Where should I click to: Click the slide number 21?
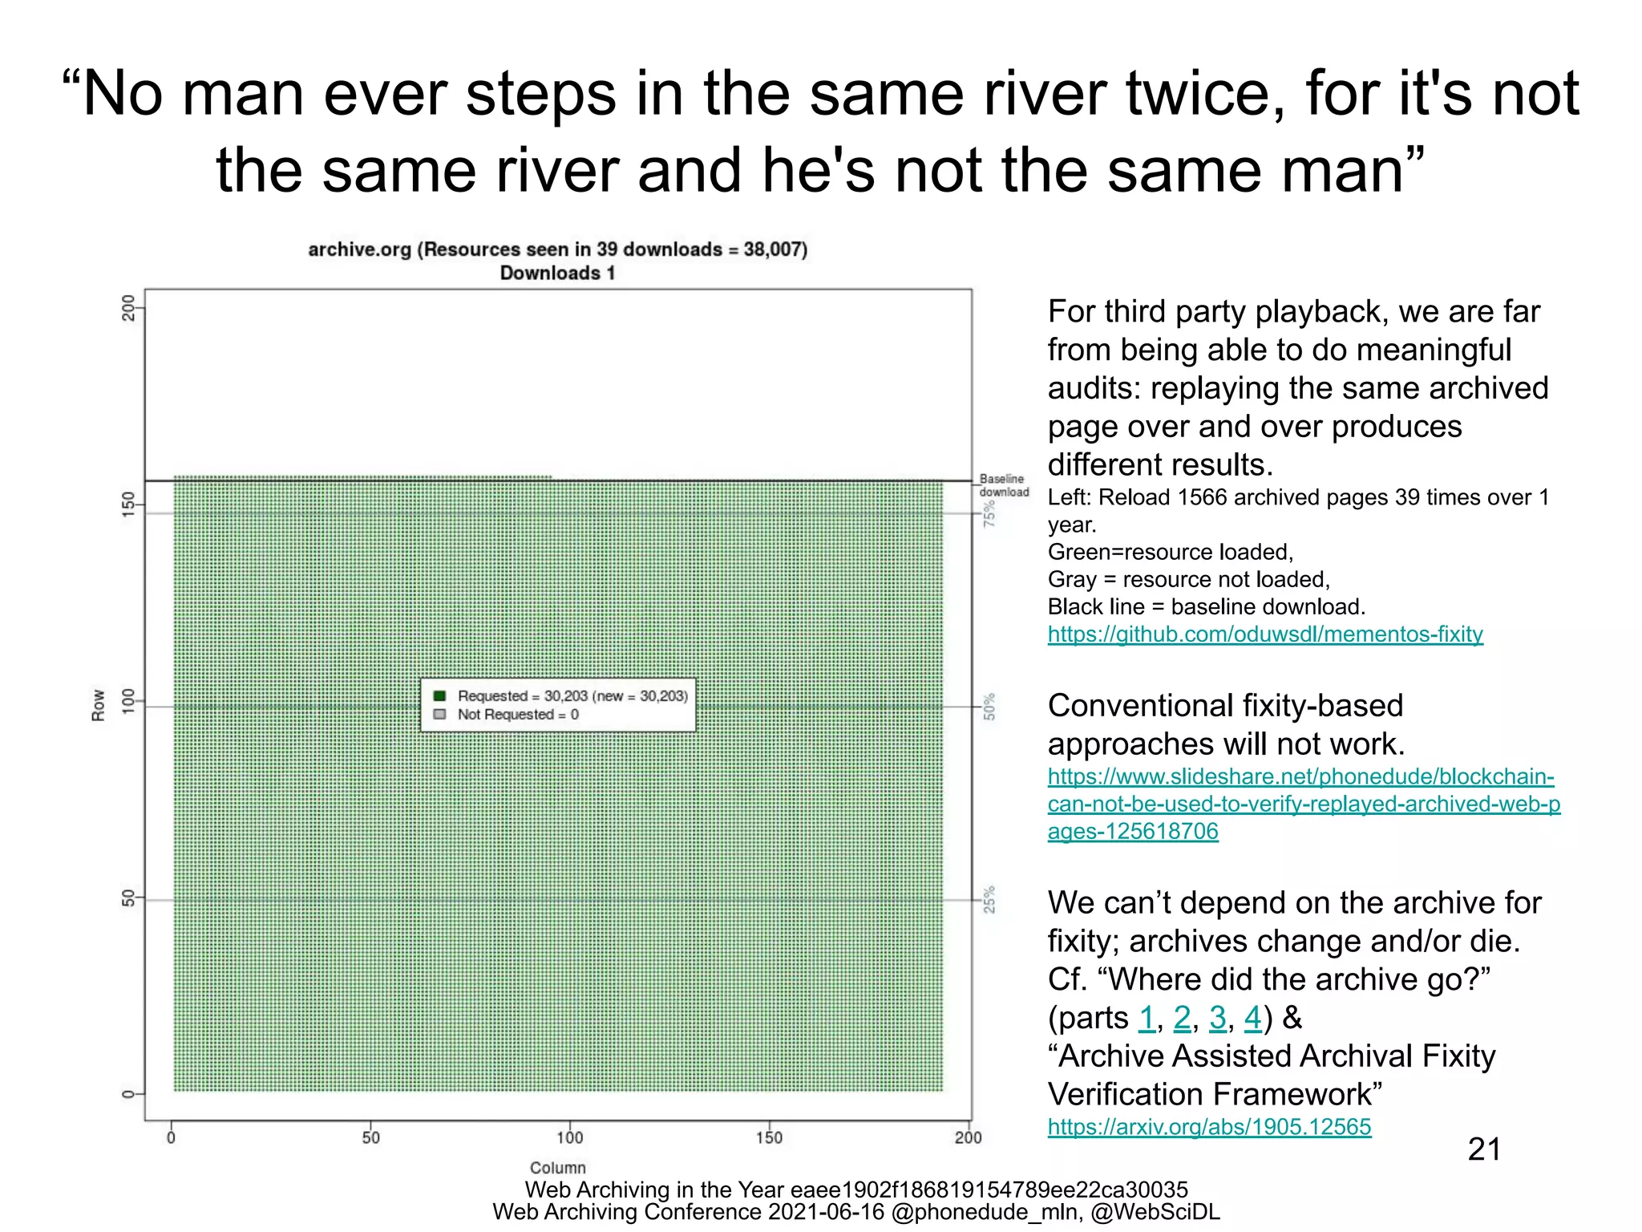(x=1484, y=1149)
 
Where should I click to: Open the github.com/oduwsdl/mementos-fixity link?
(x=1264, y=634)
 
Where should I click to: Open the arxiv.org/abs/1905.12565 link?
(x=1209, y=1127)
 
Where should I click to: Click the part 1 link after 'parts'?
(x=1147, y=1019)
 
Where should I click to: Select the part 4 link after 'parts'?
(x=1252, y=1019)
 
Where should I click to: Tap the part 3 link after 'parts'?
(x=1217, y=1019)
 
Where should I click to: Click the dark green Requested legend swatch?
(x=439, y=695)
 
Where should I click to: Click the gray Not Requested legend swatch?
(x=439, y=714)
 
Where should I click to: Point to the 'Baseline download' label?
(x=1003, y=485)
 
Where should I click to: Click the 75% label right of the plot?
(x=990, y=513)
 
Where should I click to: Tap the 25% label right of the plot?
(x=990, y=899)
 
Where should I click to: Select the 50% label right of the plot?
(x=990, y=707)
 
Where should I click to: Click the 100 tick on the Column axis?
(x=569, y=1137)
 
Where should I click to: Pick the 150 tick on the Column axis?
(x=769, y=1137)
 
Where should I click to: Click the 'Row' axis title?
(x=99, y=705)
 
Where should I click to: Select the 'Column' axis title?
(x=557, y=1168)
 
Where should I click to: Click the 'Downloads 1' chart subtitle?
(x=557, y=273)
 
